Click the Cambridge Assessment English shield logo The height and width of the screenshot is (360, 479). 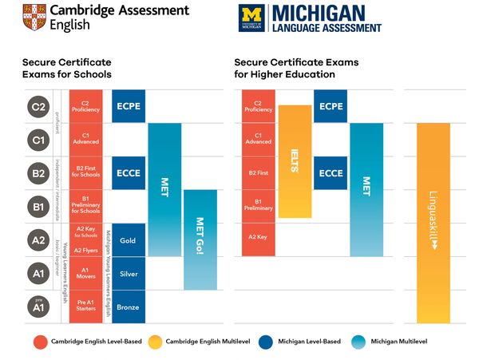pyautogui.click(x=35, y=16)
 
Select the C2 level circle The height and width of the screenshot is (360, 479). pyautogui.click(x=38, y=105)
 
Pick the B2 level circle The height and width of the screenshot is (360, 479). pyautogui.click(x=38, y=172)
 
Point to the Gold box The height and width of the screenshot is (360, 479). pyautogui.click(x=128, y=240)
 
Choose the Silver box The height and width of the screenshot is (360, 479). pyautogui.click(x=128, y=273)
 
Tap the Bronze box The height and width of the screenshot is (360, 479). pyautogui.click(x=128, y=307)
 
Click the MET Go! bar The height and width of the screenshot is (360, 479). pyautogui.click(x=200, y=239)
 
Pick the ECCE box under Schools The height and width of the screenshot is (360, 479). pyautogui.click(x=128, y=172)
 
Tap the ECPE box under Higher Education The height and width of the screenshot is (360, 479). pyautogui.click(x=331, y=105)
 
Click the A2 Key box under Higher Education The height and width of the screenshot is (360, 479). pyautogui.click(x=258, y=237)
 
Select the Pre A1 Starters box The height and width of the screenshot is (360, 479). pyautogui.click(x=85, y=307)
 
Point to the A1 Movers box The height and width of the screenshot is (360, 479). pyautogui.click(x=85, y=273)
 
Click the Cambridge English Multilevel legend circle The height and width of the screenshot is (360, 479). pyautogui.click(x=156, y=342)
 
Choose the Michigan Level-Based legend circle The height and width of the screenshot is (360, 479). pyautogui.click(x=269, y=342)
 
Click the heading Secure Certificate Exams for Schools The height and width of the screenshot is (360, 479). pyautogui.click(x=67, y=68)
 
